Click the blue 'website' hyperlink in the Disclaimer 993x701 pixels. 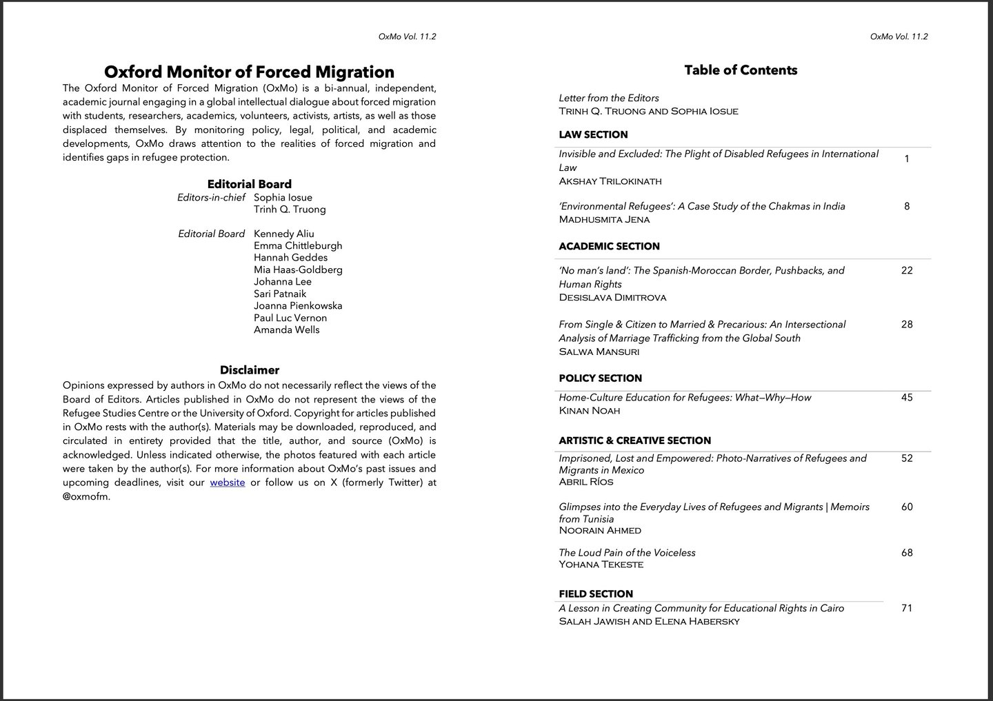pos(228,482)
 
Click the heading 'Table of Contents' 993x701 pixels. pos(741,70)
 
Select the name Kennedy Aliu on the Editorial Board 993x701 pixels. pos(283,234)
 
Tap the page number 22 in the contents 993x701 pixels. pos(907,270)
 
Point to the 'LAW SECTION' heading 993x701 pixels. pos(593,134)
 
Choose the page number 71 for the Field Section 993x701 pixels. pos(907,608)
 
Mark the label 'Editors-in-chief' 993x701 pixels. pos(211,198)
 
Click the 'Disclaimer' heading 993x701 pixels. pos(250,370)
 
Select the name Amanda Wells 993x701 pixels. pos(286,329)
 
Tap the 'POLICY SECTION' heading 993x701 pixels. pos(600,378)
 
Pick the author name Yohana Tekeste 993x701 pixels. pos(601,565)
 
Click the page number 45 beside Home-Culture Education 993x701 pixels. pos(907,397)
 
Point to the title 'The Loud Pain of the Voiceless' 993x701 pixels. pos(627,553)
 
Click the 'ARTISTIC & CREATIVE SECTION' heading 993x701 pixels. pos(634,440)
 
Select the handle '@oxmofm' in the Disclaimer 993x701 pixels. pos(86,496)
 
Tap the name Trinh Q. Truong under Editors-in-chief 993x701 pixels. pos(290,210)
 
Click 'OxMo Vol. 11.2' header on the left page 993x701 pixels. pos(407,37)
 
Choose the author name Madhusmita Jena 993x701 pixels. pos(604,220)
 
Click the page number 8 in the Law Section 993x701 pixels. pos(907,206)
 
